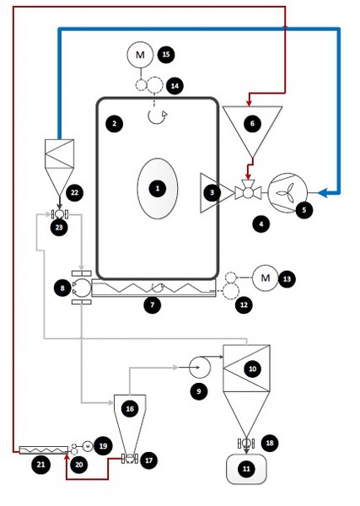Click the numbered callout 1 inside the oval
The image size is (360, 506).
pos(158,188)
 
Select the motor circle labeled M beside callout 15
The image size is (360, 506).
pos(140,55)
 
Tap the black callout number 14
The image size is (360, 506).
pos(175,86)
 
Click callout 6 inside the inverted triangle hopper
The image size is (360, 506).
pos(252,124)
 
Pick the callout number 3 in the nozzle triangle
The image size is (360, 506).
pos(212,192)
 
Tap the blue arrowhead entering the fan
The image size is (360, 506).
pos(323,193)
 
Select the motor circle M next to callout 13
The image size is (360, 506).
pos(265,277)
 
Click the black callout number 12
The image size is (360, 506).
pos(244,305)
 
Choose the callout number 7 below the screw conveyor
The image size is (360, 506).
pos(153,305)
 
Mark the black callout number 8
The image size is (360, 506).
pos(62,288)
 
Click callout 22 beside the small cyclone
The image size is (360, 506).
pos(74,192)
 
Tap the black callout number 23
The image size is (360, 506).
pos(59,227)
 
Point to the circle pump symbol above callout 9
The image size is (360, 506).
pos(200,367)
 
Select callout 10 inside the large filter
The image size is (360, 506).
pos(253,369)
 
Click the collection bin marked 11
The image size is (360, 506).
pos(246,469)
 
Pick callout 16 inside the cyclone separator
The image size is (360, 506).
pos(130,409)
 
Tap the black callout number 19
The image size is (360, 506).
pos(103,446)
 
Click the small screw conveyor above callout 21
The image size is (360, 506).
pos(44,449)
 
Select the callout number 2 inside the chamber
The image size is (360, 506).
pos(114,124)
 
